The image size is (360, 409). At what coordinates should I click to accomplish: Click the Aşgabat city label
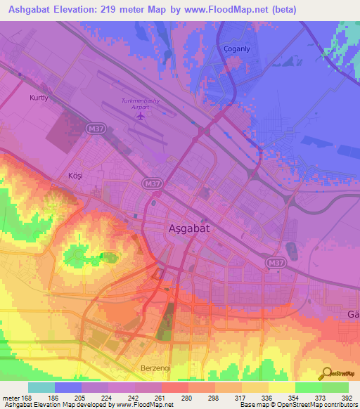click(x=190, y=228)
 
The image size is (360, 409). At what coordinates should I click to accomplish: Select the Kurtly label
click(x=39, y=98)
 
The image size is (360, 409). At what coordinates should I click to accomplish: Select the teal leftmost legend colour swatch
click(x=41, y=387)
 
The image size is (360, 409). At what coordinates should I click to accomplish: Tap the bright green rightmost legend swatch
click(x=335, y=387)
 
